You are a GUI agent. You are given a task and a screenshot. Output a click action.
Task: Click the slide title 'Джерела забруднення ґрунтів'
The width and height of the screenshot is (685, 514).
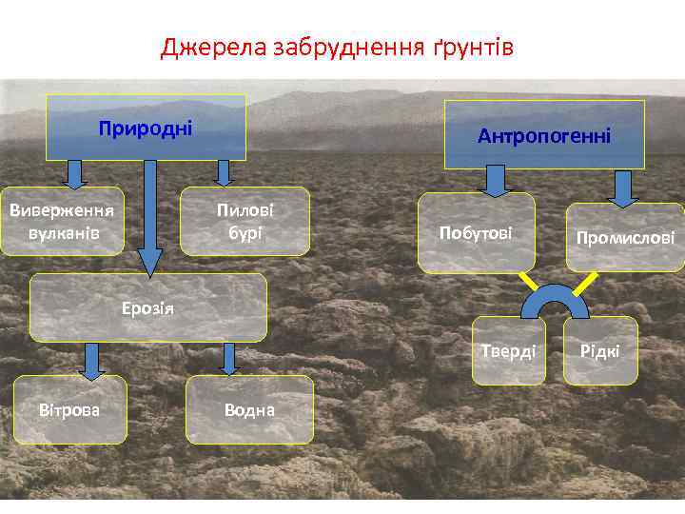[x=337, y=47]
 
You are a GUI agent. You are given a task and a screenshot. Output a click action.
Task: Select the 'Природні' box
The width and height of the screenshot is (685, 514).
[x=147, y=127]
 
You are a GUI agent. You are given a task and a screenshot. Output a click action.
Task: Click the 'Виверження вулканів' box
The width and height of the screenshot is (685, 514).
[x=63, y=221]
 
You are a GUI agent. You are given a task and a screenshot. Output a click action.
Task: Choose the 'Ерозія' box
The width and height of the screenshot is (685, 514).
[x=147, y=307]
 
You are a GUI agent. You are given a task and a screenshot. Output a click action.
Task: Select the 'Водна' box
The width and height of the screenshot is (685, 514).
[x=249, y=409]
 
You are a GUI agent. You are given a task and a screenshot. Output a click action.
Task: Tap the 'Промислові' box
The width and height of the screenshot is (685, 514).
[x=624, y=237]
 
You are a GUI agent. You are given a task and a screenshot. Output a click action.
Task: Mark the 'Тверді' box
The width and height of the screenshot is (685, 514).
[x=508, y=350]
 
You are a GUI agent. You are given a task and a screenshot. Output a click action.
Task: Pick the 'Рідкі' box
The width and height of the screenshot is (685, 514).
[x=600, y=351]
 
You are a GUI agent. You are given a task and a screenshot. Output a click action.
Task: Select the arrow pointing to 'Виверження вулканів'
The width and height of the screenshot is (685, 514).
[x=75, y=174]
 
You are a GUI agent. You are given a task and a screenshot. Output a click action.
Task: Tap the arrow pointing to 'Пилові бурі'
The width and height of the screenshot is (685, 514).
[x=223, y=172]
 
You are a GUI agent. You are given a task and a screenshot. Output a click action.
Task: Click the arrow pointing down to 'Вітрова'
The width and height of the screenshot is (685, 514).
[x=90, y=360]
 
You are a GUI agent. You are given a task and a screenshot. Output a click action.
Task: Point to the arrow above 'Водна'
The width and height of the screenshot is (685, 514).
[x=228, y=359]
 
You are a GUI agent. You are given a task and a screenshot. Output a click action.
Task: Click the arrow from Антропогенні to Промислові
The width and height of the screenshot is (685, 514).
[x=623, y=188]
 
